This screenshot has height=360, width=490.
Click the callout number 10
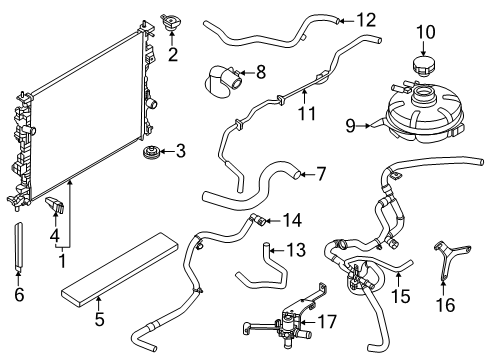pyautogui.click(x=426, y=33)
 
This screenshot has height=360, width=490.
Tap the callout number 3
pyautogui.click(x=180, y=152)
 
